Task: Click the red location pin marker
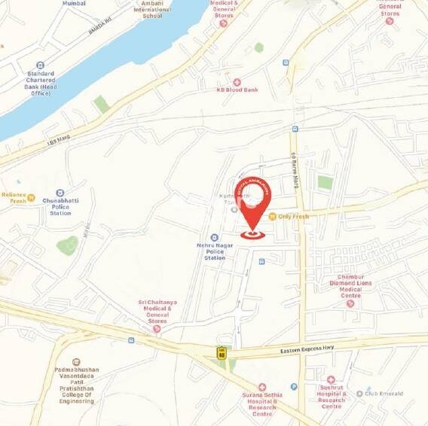point(253,207)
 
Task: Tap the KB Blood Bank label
point(237,90)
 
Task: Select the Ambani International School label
point(152,10)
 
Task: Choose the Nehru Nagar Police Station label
point(215,252)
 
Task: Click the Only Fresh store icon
point(272,216)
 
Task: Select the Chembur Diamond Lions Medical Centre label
point(350,286)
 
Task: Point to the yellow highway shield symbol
point(222,351)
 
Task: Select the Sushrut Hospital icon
point(331,380)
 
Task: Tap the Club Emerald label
point(385,393)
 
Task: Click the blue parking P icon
point(294,387)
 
